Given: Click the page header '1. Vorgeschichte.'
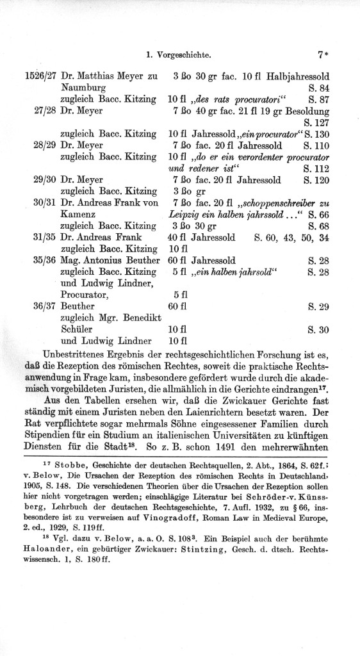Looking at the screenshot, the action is (x=184, y=55).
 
